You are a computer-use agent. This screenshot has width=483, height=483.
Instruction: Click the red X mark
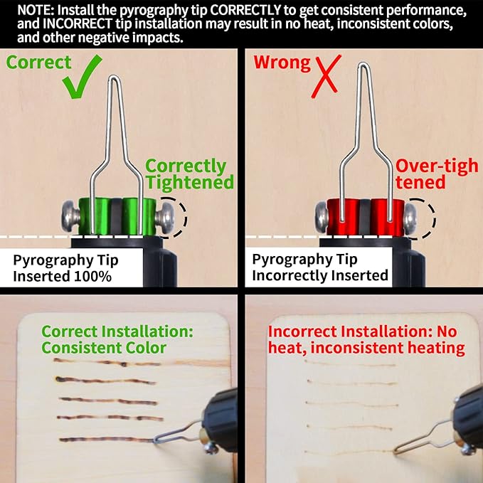tap(326, 76)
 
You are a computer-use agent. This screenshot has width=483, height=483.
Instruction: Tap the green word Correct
tap(39, 63)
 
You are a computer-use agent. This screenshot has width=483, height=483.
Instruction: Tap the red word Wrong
tap(282, 63)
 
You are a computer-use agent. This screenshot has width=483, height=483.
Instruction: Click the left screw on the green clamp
tap(70, 216)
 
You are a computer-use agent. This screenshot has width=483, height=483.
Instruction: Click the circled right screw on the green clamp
tap(164, 218)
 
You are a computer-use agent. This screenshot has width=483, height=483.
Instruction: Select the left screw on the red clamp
tap(322, 217)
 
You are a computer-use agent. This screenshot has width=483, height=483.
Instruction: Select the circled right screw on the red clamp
tap(410, 218)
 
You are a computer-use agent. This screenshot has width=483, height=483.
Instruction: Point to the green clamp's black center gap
tap(117, 216)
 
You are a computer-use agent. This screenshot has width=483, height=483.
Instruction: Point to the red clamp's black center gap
tap(365, 217)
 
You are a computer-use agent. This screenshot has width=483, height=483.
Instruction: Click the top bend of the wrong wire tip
tap(363, 64)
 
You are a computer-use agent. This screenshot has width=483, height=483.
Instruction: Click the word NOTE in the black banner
tap(35, 11)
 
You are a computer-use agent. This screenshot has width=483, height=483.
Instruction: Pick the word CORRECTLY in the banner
tap(246, 11)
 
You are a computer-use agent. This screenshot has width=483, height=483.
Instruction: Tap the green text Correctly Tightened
tap(189, 174)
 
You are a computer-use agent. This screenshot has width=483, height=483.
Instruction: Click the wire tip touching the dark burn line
tap(155, 440)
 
